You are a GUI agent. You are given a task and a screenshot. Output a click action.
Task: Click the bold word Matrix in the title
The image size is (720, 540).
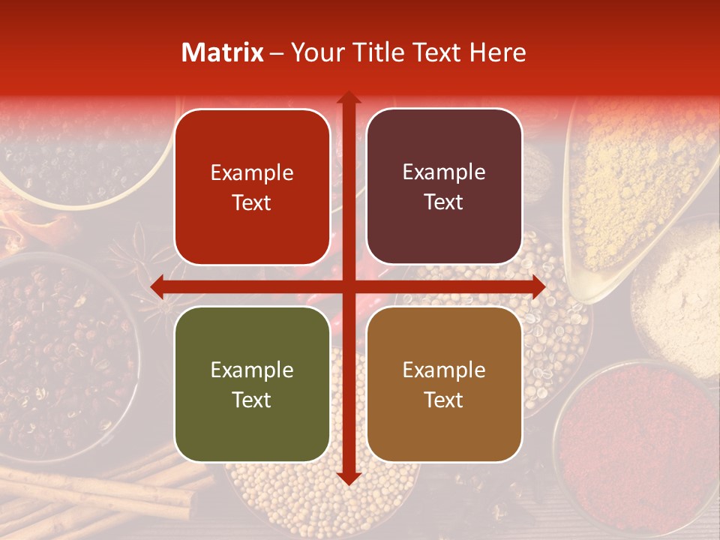click(223, 52)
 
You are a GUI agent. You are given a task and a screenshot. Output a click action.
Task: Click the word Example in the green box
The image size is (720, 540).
click(252, 370)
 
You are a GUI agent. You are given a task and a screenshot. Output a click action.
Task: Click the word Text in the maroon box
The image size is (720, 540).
click(444, 202)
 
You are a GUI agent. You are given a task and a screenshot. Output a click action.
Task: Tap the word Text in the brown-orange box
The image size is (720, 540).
click(444, 400)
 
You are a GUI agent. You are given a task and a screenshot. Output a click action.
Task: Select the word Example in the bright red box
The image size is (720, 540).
click(252, 173)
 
